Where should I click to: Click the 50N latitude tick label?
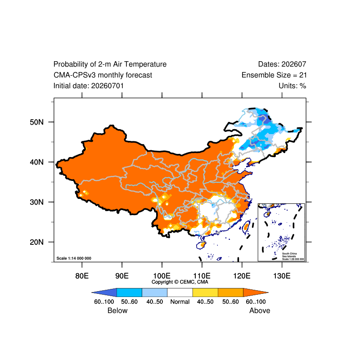(36, 122)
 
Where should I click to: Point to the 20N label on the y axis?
(36, 242)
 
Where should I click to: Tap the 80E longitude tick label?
(82, 275)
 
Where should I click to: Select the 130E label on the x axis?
(282, 275)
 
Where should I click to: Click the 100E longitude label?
(162, 275)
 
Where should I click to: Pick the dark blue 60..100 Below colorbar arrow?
(104, 292)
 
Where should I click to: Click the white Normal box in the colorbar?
(180, 292)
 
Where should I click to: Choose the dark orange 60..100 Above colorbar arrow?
(256, 292)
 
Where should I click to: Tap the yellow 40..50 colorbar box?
(205, 292)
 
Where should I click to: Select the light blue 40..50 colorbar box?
(155, 292)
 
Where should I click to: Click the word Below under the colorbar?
(117, 310)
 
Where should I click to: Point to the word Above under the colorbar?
(260, 310)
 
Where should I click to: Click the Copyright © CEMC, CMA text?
(180, 282)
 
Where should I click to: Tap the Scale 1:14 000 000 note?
(74, 258)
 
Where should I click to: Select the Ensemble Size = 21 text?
(274, 75)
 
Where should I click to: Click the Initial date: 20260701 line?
(89, 86)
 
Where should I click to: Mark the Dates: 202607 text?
(282, 64)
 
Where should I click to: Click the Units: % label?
(292, 86)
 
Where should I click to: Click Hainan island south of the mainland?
(201, 245)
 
